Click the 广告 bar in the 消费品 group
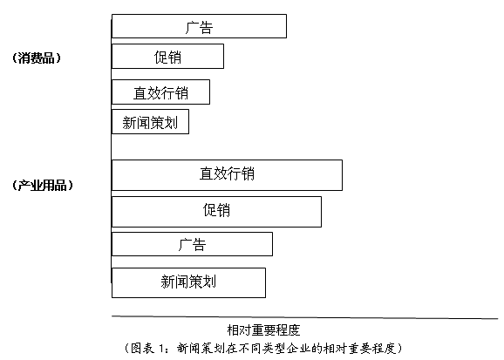pyautogui.click(x=199, y=26)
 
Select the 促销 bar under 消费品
pyautogui.click(x=167, y=57)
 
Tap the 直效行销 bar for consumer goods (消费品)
pyautogui.click(x=160, y=92)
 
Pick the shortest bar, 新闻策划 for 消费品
pyautogui.click(x=150, y=121)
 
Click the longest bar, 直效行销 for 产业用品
pyautogui.click(x=227, y=175)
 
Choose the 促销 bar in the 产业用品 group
pyautogui.click(x=216, y=212)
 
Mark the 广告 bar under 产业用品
pyautogui.click(x=192, y=244)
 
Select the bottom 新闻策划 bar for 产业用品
pyautogui.click(x=188, y=282)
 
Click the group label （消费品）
pyautogui.click(x=37, y=58)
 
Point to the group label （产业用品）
pyautogui.click(x=43, y=185)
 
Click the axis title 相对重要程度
pyautogui.click(x=263, y=329)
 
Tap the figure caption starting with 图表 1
pyautogui.click(x=263, y=348)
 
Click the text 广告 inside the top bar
pyautogui.click(x=199, y=27)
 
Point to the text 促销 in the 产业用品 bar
pyautogui.click(x=216, y=210)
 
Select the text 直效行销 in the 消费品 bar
pyautogui.click(x=160, y=93)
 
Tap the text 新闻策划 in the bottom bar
pyautogui.click(x=188, y=282)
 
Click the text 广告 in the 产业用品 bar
pyautogui.click(x=192, y=245)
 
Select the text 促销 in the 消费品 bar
pyautogui.click(x=167, y=58)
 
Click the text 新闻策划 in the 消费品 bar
pyautogui.click(x=150, y=123)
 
